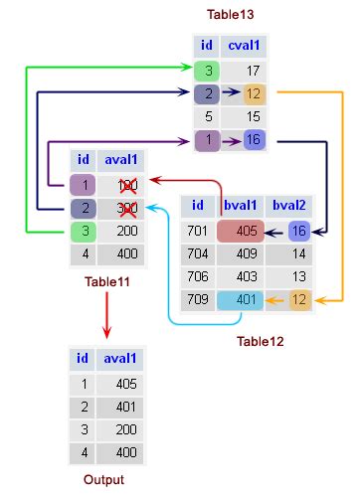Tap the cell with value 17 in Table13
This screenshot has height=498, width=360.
point(254,72)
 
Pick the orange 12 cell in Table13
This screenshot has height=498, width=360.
point(254,94)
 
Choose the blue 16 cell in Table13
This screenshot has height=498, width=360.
point(254,140)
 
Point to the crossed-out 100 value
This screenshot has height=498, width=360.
point(126,185)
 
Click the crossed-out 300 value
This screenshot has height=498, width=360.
point(126,208)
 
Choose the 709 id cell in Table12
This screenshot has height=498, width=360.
point(198,299)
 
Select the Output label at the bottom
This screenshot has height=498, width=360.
point(104,479)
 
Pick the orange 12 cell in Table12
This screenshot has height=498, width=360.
point(299,299)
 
